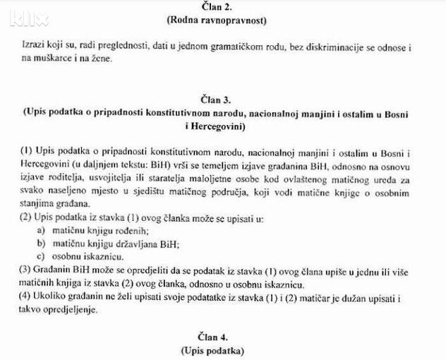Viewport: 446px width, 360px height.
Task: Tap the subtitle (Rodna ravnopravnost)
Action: coord(225,20)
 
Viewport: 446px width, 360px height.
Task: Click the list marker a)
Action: coord(43,231)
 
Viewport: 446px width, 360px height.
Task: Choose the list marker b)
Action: coord(43,244)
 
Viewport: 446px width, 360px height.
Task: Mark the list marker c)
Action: coord(43,257)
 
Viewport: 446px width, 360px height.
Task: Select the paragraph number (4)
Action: coord(28,297)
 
